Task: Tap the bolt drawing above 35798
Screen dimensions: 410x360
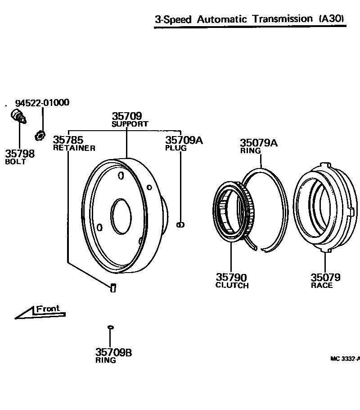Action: tap(19, 116)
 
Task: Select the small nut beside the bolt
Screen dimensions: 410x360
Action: tap(40, 134)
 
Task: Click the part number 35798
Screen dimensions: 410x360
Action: tap(20, 154)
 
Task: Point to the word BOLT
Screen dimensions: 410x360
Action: tap(15, 162)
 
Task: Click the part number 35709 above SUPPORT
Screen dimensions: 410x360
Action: tap(126, 116)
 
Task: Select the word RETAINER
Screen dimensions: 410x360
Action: tap(74, 148)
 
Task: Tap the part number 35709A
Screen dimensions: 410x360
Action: tap(184, 140)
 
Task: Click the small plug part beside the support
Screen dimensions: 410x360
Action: tap(180, 224)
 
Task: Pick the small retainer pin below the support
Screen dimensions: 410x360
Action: tap(113, 287)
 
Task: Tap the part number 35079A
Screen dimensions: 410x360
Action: tap(258, 143)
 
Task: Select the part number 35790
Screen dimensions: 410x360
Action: tap(231, 278)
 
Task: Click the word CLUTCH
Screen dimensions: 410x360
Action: tap(232, 286)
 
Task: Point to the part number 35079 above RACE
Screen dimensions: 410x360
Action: tap(325, 278)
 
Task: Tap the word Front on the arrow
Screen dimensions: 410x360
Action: tap(48, 309)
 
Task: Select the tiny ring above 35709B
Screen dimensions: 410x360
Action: tap(110, 327)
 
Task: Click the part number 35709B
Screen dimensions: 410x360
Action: tap(113, 352)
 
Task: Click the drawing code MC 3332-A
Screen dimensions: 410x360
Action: tap(345, 359)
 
